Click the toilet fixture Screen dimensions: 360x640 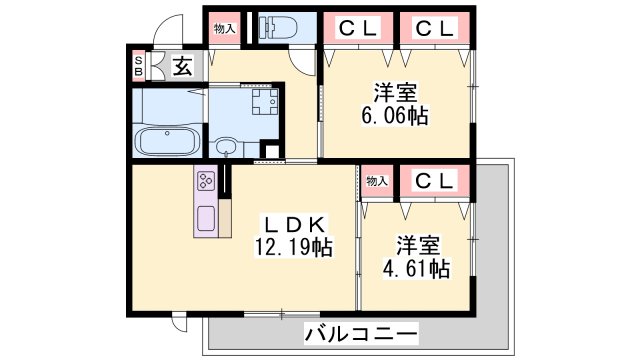(x=272, y=26)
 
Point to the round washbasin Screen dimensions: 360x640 (x=226, y=148)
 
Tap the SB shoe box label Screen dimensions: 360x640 (x=139, y=66)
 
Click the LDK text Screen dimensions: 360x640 (x=290, y=223)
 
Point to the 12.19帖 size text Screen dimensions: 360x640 (x=292, y=245)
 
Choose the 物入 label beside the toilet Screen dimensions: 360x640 (x=224, y=29)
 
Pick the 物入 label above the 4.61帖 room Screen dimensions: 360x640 (x=377, y=181)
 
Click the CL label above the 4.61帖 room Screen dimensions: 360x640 (x=436, y=181)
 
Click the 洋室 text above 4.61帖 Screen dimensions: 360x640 (x=418, y=244)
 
